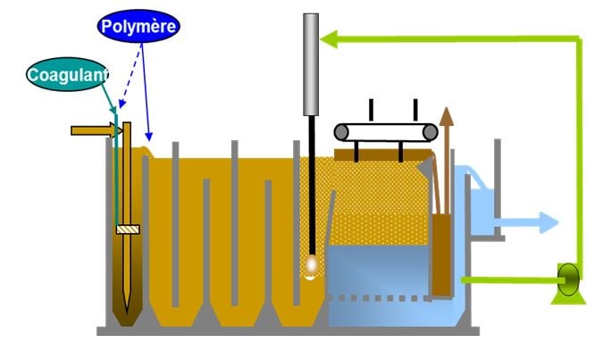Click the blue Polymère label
[x=138, y=25]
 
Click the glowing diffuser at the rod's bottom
[x=311, y=265]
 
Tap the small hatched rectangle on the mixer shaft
[x=128, y=230]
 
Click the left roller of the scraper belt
[x=342, y=132]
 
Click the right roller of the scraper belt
[x=430, y=132]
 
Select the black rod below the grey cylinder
[x=311, y=188]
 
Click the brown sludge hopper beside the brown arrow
[x=440, y=255]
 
